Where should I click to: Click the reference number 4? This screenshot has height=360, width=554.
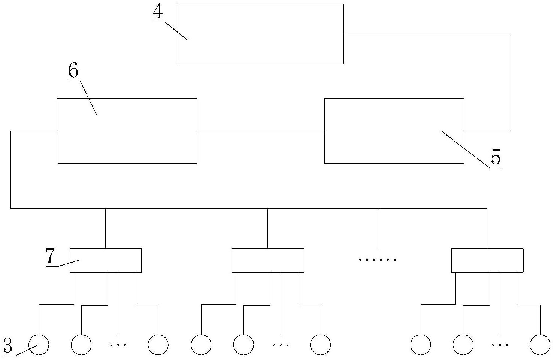tap(158, 12)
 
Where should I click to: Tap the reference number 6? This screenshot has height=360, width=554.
tap(73, 70)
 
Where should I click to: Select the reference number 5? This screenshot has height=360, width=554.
tap(496, 157)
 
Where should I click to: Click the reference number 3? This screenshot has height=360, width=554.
tap(7, 345)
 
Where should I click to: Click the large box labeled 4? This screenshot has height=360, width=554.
tap(260, 34)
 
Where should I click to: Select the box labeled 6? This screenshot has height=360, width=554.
tap(127, 131)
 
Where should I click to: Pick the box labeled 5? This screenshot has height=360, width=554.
tap(394, 131)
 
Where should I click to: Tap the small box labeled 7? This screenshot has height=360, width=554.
tap(106, 260)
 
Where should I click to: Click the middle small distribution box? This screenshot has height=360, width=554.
tap(268, 260)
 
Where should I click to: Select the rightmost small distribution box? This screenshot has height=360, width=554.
tap(487, 260)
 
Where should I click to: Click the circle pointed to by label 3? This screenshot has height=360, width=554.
tap(39, 345)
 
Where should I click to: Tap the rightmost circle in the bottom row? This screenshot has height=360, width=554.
tap(540, 345)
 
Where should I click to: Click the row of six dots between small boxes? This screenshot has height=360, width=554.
tap(378, 260)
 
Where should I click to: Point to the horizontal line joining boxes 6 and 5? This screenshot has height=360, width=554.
tap(261, 131)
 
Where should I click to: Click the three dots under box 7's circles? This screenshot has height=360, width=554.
tap(118, 345)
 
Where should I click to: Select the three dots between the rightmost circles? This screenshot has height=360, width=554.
tap(500, 345)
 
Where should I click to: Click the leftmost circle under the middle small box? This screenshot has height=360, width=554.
tap(201, 345)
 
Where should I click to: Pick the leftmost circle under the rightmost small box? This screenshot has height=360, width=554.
tap(420, 345)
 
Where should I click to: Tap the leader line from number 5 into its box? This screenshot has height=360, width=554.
tap(465, 149)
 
